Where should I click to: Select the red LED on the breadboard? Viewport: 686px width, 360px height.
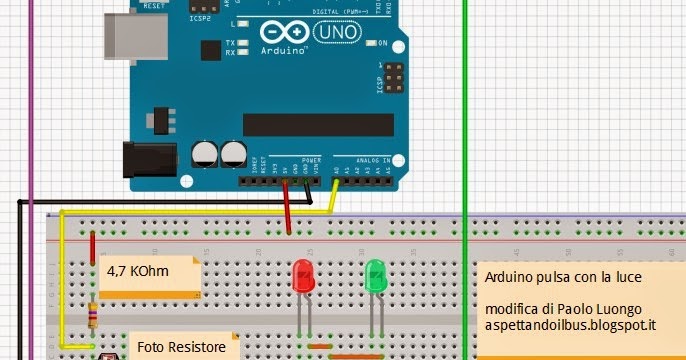[302, 276]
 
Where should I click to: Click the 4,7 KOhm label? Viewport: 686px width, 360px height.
[138, 269]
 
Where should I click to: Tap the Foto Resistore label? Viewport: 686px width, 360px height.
[180, 350]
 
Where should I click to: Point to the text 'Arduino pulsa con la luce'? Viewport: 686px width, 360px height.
[563, 277]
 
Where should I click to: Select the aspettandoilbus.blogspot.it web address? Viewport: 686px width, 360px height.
[570, 326]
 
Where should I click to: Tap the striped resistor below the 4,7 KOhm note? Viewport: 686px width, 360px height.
[93, 316]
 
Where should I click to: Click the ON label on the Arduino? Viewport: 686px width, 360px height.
[382, 43]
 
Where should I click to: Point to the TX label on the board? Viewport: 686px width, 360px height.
[230, 43]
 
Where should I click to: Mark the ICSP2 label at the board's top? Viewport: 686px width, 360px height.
[198, 17]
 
